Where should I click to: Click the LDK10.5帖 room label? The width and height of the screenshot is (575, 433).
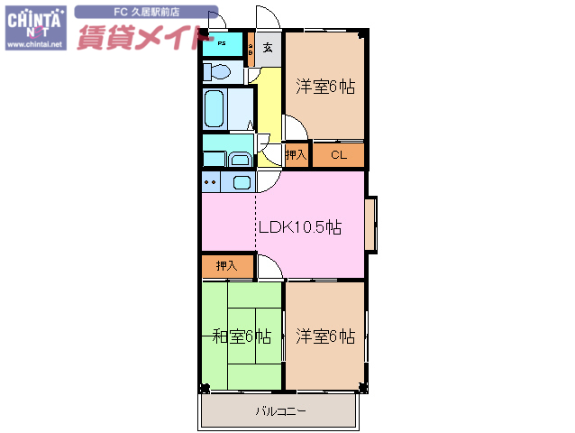click(299, 227)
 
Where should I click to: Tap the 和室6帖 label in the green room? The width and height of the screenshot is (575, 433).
click(242, 337)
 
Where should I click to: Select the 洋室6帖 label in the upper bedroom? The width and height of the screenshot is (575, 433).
click(324, 87)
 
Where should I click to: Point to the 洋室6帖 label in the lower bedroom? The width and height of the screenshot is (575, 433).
click(324, 336)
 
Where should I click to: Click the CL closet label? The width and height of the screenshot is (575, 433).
click(338, 155)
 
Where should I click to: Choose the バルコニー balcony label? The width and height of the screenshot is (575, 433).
click(280, 411)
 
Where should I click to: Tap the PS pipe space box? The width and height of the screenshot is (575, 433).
click(222, 43)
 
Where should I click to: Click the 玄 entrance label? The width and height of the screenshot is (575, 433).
click(269, 48)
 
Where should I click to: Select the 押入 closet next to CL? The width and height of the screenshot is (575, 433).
click(297, 155)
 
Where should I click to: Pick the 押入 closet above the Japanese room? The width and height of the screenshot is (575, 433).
click(226, 266)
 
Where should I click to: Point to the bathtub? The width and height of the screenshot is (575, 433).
click(214, 109)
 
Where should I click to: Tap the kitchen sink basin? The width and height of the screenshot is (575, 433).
click(242, 181)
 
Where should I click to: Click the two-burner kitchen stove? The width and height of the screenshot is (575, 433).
click(211, 181)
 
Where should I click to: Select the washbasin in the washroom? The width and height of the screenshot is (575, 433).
click(241, 160)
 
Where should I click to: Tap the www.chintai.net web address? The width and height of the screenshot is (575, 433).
click(35, 42)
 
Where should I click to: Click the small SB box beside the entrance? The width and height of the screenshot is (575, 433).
click(251, 48)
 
